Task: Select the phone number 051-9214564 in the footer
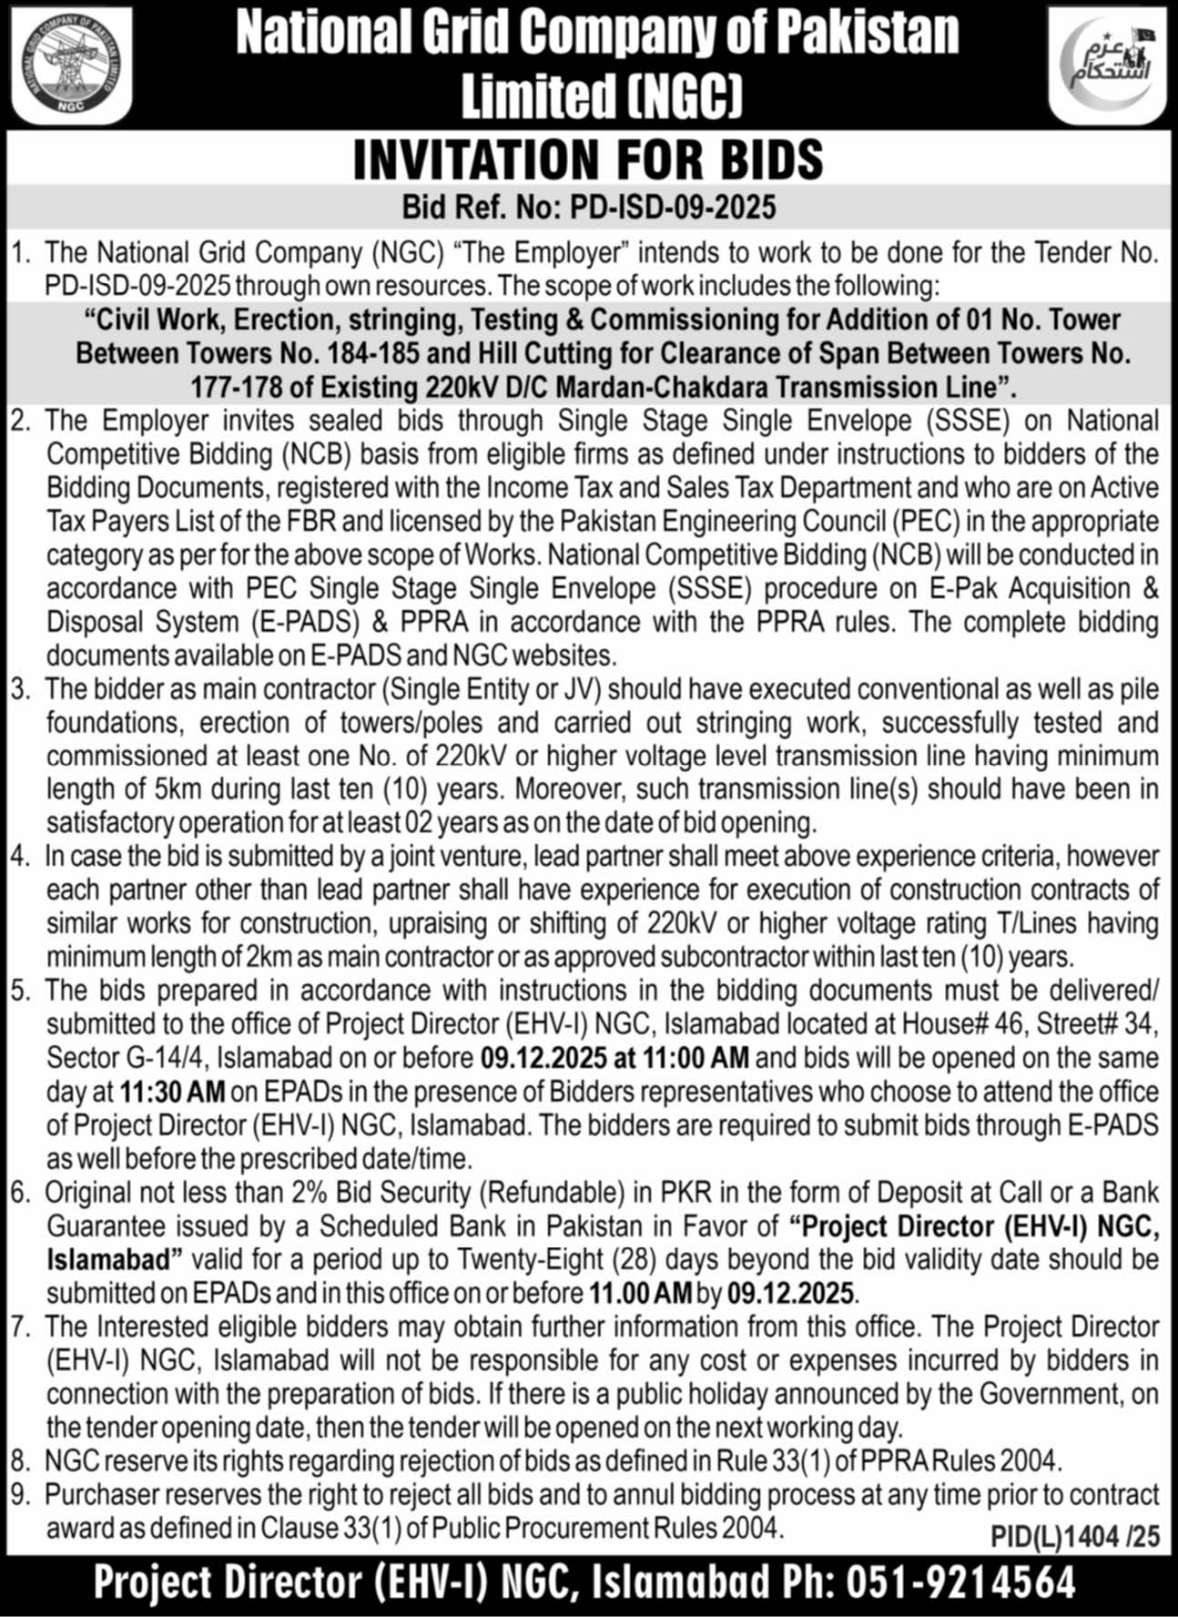click(x=961, y=1582)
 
